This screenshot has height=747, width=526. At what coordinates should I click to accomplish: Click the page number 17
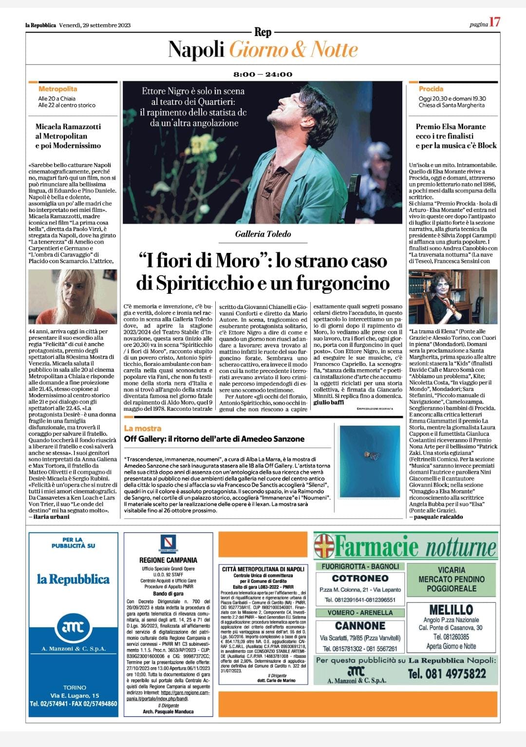click(x=495, y=23)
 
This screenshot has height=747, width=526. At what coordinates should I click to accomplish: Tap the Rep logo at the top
click(x=263, y=32)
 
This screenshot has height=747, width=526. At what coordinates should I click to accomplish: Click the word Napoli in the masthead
click(x=196, y=50)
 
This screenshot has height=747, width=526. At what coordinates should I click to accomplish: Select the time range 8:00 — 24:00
click(x=263, y=75)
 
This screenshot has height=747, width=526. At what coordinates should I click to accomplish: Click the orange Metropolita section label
click(x=57, y=89)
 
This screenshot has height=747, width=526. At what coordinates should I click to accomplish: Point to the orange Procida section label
click(x=431, y=89)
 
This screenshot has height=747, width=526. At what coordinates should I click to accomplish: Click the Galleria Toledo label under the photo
click(x=263, y=234)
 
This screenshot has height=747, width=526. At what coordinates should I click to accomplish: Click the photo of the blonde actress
click(x=73, y=296)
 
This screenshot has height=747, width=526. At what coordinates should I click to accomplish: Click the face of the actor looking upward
click(x=302, y=110)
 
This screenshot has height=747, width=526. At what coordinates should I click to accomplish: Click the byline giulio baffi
click(x=329, y=402)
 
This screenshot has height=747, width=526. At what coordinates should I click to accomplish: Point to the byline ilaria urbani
click(x=51, y=517)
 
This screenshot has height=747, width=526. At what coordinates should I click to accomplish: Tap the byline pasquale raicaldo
click(x=438, y=517)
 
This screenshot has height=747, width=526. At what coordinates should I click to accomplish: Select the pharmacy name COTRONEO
click(x=360, y=578)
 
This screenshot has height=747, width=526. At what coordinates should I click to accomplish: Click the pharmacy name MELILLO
click(x=451, y=610)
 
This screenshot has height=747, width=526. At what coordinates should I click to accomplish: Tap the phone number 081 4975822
click(x=447, y=674)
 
